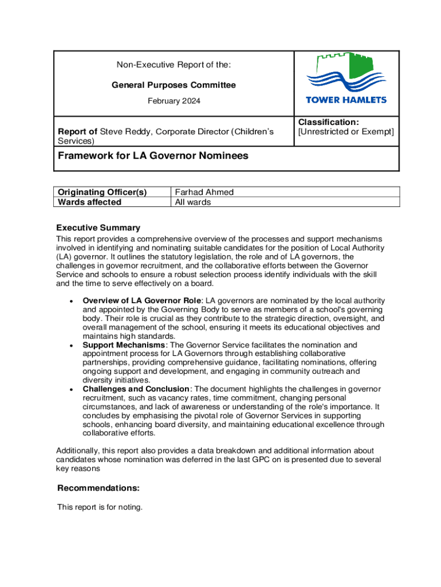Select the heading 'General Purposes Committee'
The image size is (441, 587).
tap(173, 85)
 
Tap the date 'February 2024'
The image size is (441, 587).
tap(174, 101)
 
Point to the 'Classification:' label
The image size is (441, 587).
tap(328, 122)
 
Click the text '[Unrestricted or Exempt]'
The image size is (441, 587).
tap(346, 132)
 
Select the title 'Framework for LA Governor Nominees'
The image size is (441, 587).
tap(153, 155)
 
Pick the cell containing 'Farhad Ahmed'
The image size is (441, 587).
tap(204, 193)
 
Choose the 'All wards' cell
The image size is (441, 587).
tap(193, 202)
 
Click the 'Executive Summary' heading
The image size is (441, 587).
tap(98, 228)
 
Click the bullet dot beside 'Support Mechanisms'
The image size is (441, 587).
tap(70, 346)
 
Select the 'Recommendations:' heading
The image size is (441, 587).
tap(99, 488)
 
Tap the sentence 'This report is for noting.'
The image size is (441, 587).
tap(100, 507)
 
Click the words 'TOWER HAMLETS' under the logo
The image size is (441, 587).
tap(346, 100)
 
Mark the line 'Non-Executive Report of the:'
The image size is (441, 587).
tap(174, 65)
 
